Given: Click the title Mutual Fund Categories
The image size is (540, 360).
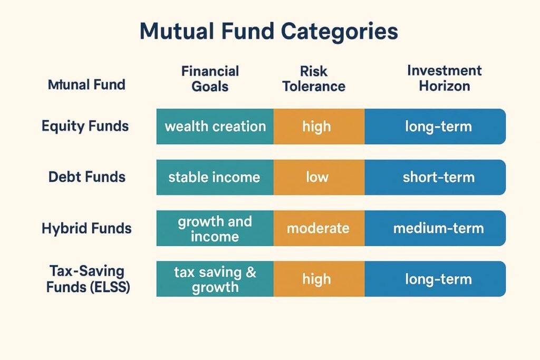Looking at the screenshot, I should (268, 32).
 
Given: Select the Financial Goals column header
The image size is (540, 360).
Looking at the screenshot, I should (210, 79).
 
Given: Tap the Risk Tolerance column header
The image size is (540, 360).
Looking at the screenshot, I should (314, 79).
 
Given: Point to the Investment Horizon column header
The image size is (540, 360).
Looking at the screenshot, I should (444, 78).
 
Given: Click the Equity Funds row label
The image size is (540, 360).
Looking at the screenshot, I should (85, 127).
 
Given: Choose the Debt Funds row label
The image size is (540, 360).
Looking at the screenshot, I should (87, 177).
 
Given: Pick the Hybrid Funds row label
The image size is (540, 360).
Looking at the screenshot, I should (86, 228).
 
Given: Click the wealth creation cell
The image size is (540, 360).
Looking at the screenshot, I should (215, 127).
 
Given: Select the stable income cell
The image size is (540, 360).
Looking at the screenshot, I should (214, 177).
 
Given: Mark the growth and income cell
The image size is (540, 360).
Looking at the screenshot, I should (215, 228).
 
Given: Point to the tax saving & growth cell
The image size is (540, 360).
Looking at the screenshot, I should (215, 279).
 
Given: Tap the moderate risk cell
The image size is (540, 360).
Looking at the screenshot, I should (318, 228).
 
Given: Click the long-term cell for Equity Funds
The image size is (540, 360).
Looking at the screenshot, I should (438, 127).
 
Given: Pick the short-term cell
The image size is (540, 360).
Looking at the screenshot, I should (438, 177).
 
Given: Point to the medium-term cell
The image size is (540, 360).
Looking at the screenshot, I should (438, 228).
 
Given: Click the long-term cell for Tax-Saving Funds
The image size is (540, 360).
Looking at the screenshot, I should (438, 279).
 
